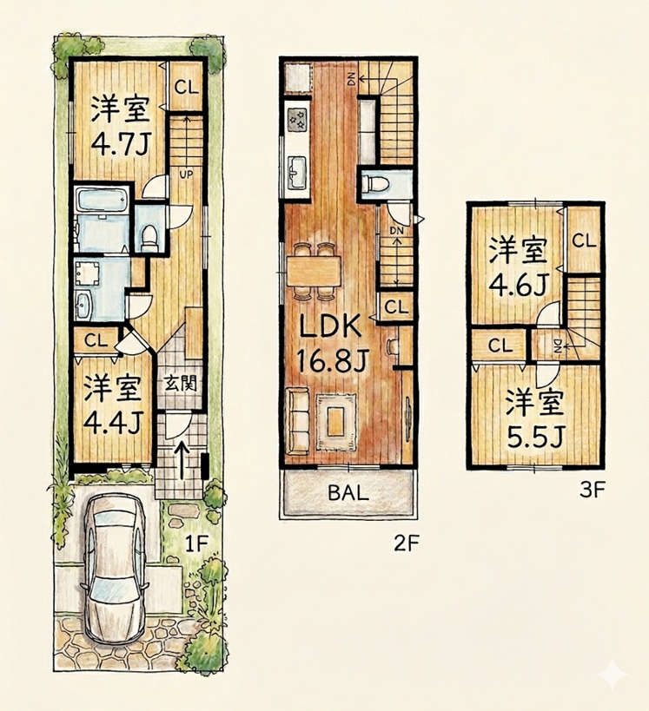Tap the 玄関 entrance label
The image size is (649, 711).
point(181,385)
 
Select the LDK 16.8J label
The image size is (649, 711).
point(331,342)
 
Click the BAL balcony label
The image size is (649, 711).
point(348,492)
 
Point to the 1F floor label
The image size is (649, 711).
point(196,543)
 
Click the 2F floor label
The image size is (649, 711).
point(405,543)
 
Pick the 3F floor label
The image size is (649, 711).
point(593,490)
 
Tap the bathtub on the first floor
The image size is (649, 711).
point(103,201)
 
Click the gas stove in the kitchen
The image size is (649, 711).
point(297,119)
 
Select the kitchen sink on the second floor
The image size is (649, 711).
point(297,173)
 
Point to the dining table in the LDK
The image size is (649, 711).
point(314,272)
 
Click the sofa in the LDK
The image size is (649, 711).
point(298,420)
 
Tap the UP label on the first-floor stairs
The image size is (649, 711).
point(186,174)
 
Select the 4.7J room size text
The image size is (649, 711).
point(120,145)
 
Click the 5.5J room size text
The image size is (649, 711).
point(535,437)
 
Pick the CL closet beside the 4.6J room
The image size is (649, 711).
point(584,240)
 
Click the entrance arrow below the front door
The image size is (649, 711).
point(182,460)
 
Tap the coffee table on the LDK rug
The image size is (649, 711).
point(336,422)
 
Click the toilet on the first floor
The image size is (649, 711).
point(149,236)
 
